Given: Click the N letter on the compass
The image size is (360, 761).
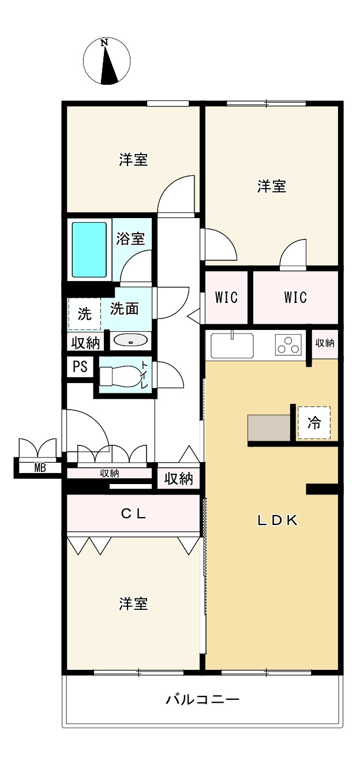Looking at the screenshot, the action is [104, 43].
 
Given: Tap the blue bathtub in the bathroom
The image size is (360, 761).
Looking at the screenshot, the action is [89, 250].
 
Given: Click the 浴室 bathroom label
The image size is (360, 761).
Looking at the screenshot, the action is [130, 238].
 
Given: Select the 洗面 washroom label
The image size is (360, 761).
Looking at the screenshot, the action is [124, 309].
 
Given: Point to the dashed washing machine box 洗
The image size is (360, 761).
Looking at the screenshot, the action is [85, 313].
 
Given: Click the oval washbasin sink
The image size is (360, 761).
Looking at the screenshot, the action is [131, 340].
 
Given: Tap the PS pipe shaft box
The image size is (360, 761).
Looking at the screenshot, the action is [80, 366].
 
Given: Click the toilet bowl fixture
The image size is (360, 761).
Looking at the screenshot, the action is [119, 376].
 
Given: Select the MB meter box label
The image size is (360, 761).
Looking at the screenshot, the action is [40, 468].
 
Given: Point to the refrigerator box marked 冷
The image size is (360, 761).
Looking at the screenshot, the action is [314, 423].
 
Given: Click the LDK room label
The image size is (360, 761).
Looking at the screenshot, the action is [277, 520].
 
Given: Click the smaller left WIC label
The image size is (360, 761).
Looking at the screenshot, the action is [226, 297].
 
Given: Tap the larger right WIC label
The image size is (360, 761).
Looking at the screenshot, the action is [295, 297].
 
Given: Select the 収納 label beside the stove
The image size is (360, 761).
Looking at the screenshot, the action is [325, 343].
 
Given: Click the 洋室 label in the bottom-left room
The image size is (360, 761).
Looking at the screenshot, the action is [133, 603].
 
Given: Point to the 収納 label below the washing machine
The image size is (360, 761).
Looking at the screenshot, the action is [85, 343].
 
